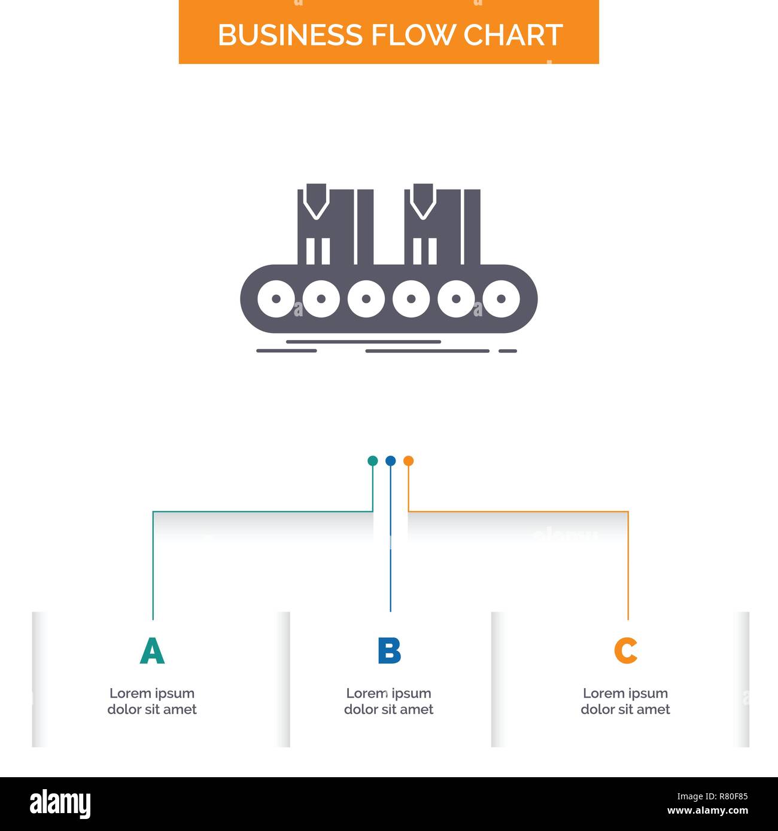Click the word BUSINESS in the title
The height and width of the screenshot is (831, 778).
(291, 35)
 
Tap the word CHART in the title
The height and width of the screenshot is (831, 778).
(513, 35)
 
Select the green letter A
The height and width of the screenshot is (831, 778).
(152, 651)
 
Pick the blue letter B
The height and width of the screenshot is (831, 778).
(389, 651)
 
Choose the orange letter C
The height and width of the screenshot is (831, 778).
(625, 651)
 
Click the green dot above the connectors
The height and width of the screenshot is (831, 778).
(372, 461)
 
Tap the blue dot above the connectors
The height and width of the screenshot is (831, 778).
(390, 461)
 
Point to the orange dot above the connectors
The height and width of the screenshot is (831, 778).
(408, 461)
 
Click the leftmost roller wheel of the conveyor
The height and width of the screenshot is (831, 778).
(276, 298)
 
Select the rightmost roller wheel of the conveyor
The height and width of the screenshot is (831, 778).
(501, 298)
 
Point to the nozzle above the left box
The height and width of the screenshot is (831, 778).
(315, 200)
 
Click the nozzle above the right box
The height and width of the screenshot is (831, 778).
(423, 200)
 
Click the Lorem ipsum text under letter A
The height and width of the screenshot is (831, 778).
(152, 701)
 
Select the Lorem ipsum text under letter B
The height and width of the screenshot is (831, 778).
(389, 701)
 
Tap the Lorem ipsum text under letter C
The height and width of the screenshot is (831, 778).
(625, 701)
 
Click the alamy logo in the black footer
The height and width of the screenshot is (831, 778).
(60, 803)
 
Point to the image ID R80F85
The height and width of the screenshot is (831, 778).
(712, 796)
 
